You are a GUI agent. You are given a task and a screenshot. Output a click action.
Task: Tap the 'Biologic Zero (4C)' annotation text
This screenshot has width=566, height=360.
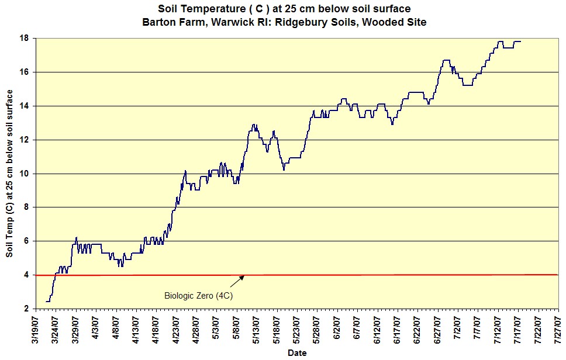[199, 296]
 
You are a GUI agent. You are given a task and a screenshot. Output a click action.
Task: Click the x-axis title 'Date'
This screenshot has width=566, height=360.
[297, 352]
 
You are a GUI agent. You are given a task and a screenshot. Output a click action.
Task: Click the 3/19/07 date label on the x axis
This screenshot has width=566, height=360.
[36, 330]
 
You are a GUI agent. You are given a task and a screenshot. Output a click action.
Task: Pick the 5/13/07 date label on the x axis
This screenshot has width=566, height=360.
[257, 330]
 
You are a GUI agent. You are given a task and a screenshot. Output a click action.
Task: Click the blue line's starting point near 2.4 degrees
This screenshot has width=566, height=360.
[46, 302]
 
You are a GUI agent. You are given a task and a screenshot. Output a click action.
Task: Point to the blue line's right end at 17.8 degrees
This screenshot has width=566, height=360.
[520, 41]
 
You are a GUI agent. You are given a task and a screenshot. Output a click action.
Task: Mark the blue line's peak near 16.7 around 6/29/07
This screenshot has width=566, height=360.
[446, 60]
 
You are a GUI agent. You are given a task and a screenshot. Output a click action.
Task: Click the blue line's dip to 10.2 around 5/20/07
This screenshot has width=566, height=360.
[284, 169]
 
